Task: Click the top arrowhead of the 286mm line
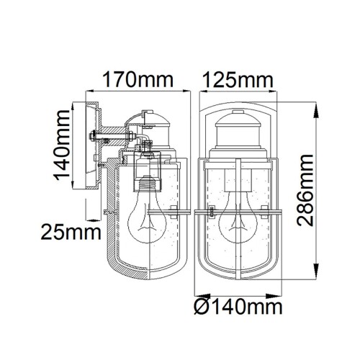(x=318, y=107)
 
